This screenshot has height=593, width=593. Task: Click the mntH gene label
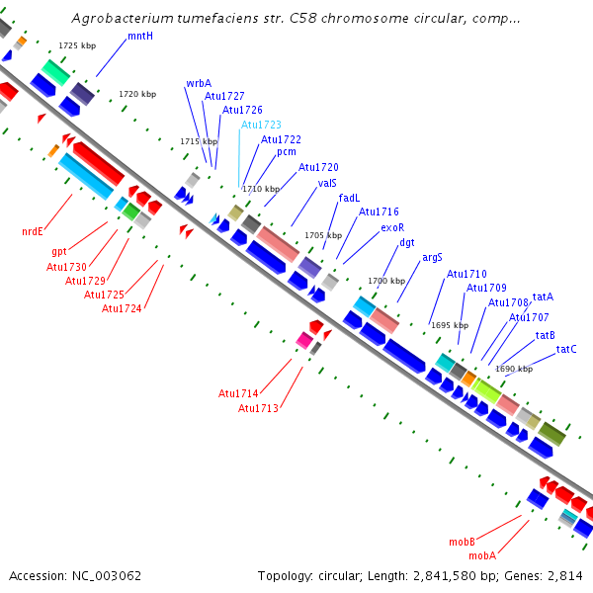point(140,36)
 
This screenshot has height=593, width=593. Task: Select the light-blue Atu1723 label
point(261,125)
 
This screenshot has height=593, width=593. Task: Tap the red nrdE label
point(33,231)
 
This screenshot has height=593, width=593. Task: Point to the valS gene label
point(327,183)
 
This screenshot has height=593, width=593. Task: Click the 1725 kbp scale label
point(77,45)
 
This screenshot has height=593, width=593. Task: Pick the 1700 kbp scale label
point(386,281)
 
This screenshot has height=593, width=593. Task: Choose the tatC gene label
point(566,349)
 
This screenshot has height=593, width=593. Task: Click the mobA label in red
point(482,555)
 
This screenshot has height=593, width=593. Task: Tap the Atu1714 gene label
point(238,393)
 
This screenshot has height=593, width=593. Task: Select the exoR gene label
point(392,227)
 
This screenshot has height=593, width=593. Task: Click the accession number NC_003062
point(107,576)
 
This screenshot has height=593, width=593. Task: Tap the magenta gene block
point(304,340)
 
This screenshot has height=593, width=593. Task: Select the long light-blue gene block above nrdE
point(86,176)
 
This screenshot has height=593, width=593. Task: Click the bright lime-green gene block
point(486,390)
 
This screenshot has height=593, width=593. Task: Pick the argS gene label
point(432,258)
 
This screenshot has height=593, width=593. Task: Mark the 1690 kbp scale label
point(514,369)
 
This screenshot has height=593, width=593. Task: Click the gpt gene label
point(59,252)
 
